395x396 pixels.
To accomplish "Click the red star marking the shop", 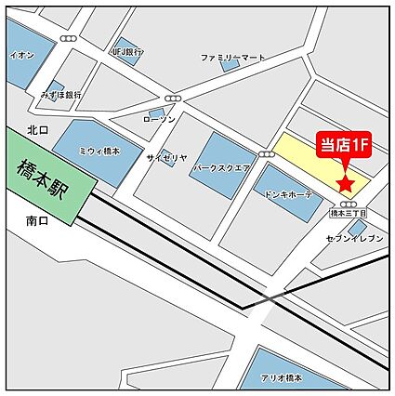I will pyautogui.click(x=347, y=182).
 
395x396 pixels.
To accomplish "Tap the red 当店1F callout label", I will pyautogui.click(x=346, y=144).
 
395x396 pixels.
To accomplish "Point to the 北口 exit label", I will pyautogui.click(x=37, y=130).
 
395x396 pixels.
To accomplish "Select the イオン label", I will pyautogui.click(x=22, y=55).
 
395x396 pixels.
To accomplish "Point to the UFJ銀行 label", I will pyautogui.click(x=127, y=53).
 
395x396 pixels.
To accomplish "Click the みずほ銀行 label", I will pyautogui.click(x=61, y=94).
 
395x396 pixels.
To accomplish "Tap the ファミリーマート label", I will pyautogui.click(x=233, y=58).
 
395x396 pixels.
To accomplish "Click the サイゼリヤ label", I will pyautogui.click(x=166, y=158).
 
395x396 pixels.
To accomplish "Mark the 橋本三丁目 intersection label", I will pyautogui.click(x=349, y=213).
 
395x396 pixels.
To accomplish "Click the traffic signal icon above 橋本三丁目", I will pyautogui.click(x=349, y=204).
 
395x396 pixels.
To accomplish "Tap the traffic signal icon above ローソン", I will pyautogui.click(x=172, y=99).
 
